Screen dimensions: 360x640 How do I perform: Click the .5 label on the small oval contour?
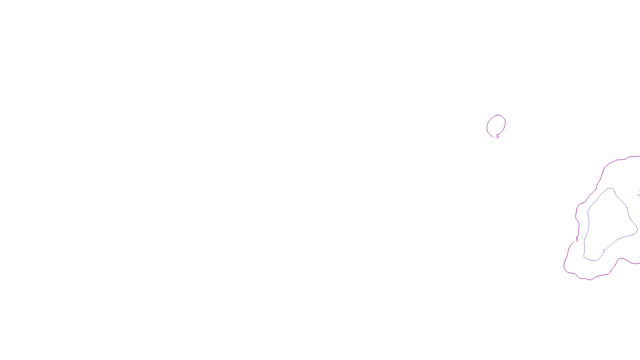(x=498, y=136)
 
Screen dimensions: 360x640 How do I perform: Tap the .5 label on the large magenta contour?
(x=576, y=240)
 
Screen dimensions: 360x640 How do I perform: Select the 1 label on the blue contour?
(x=604, y=251)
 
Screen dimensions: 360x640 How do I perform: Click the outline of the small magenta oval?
(x=505, y=122)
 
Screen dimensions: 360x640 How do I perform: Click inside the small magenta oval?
(x=496, y=125)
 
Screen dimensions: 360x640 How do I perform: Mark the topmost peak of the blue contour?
(x=610, y=188)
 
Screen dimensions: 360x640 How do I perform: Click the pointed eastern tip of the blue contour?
(x=637, y=231)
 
